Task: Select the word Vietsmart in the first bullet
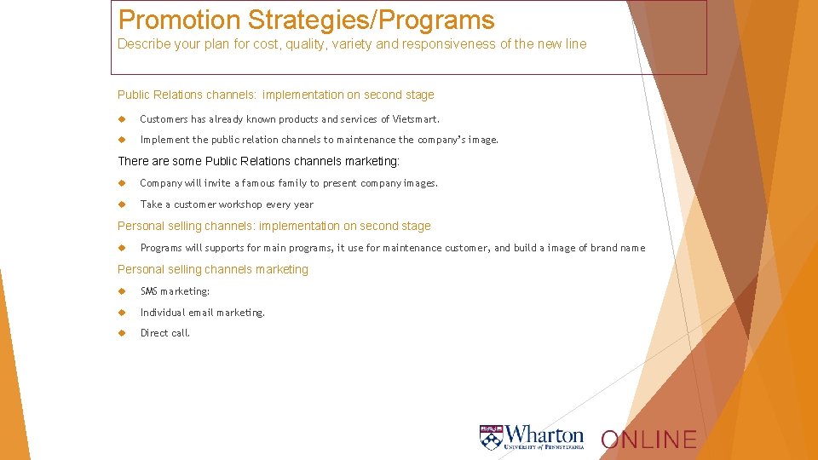[x=414, y=119]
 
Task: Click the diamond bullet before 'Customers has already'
[x=123, y=119]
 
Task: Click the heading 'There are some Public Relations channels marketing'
[x=258, y=161]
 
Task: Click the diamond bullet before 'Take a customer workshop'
[x=123, y=204]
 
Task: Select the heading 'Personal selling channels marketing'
[x=212, y=269]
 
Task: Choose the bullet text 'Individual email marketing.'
[x=203, y=313]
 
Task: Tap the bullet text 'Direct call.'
[x=165, y=333]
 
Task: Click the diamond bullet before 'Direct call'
[x=123, y=333]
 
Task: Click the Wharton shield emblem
[x=490, y=437]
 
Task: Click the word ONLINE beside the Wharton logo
[x=648, y=440]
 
